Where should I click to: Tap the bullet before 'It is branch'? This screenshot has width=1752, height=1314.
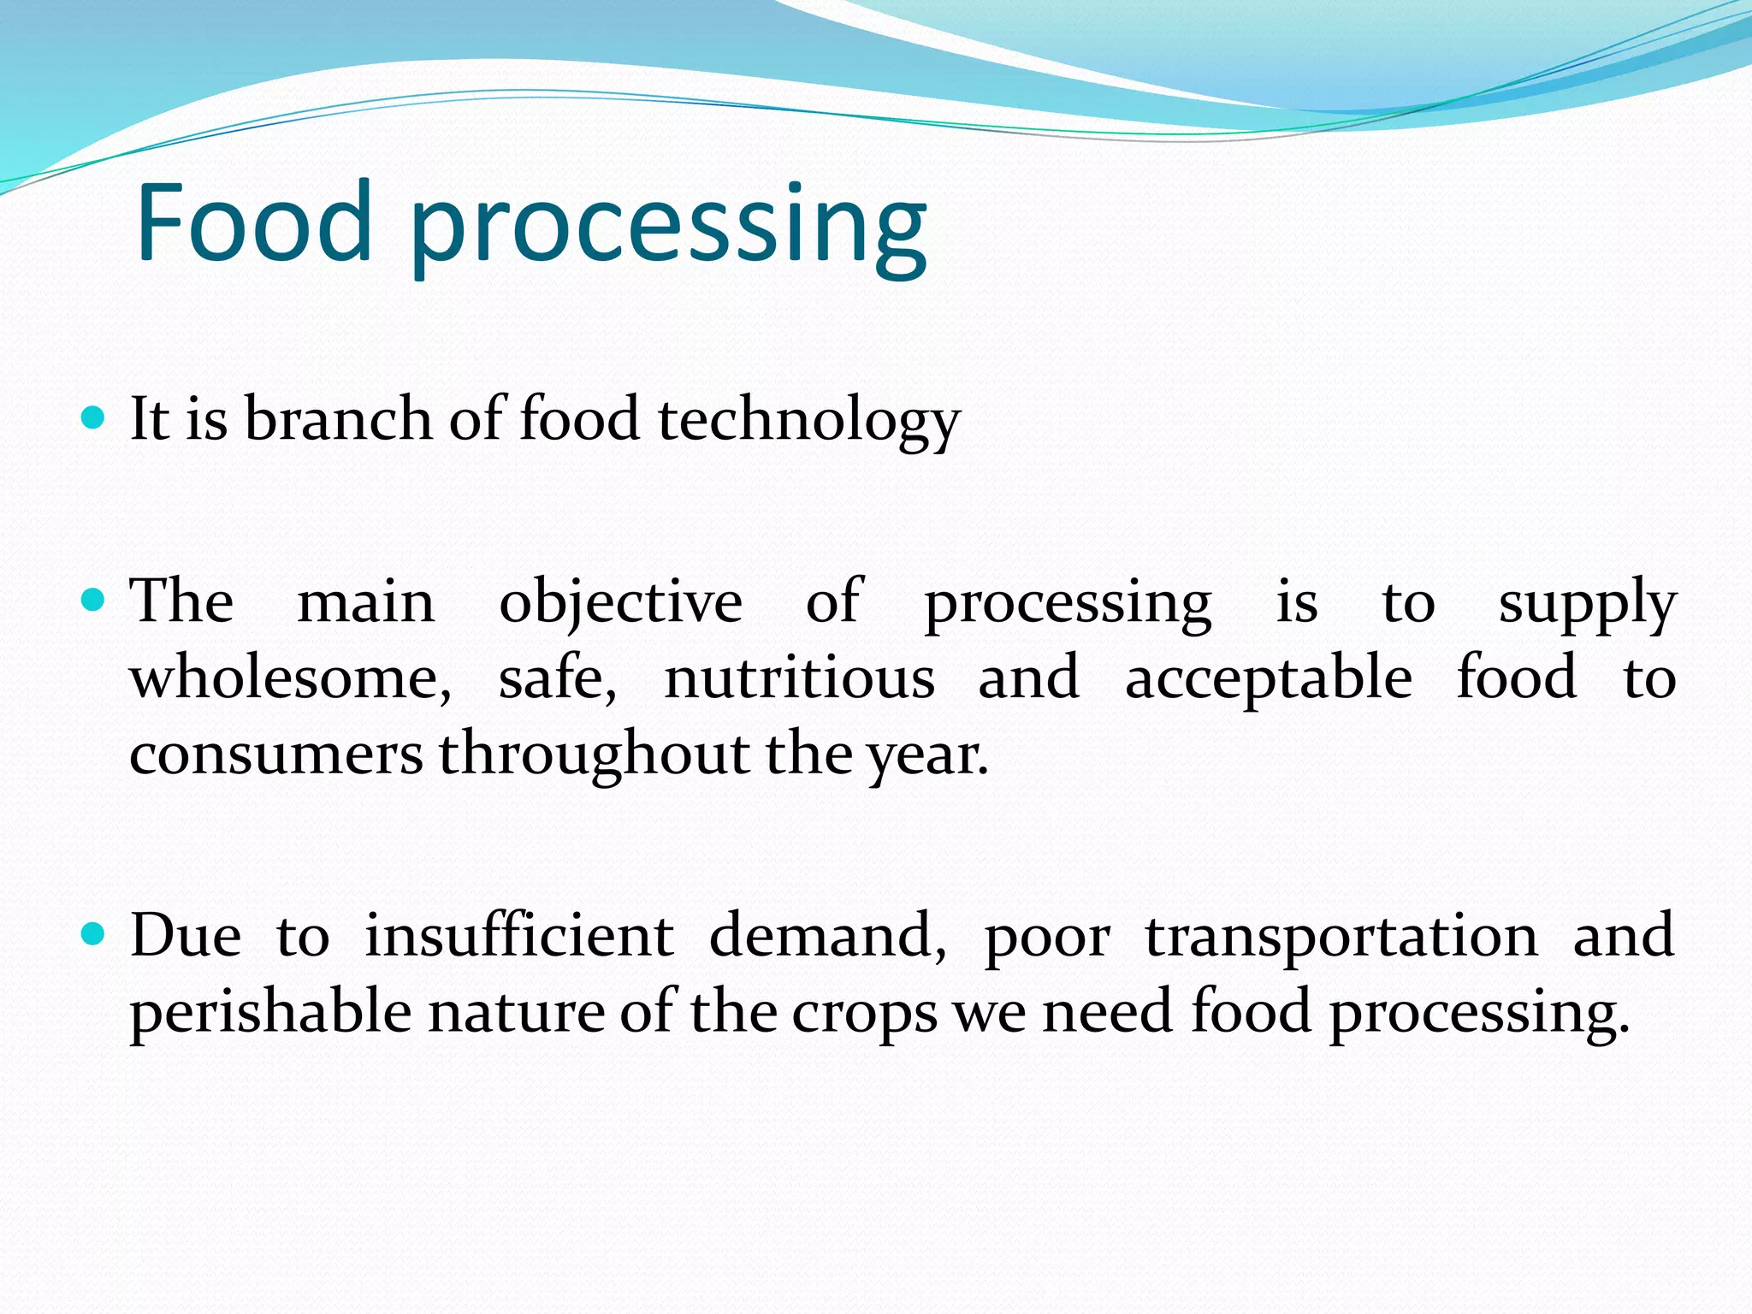pos(92,418)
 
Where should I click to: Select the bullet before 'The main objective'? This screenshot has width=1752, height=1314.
pos(92,599)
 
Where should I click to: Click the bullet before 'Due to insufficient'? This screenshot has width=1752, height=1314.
pos(92,933)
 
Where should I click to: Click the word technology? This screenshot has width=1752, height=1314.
pos(808,421)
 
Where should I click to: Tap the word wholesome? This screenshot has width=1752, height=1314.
pos(289,678)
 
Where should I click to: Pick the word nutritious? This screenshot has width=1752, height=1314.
pos(799,678)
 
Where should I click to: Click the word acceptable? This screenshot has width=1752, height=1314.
pos(1268,678)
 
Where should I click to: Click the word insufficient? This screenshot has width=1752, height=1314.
pos(519,935)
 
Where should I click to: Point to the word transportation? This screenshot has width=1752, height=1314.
pos(1341,937)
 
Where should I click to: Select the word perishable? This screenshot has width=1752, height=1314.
pos(270,1012)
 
